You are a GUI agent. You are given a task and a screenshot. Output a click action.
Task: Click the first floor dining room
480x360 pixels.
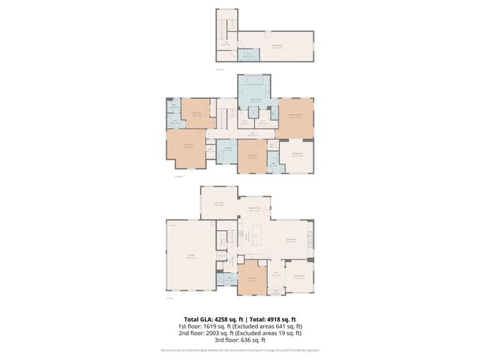pyautogui.click(x=299, y=277)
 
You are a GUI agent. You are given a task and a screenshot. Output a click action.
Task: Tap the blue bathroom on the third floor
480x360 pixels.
pyautogui.click(x=247, y=55)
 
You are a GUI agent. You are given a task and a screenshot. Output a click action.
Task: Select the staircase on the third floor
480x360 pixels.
pyautogui.click(x=226, y=30)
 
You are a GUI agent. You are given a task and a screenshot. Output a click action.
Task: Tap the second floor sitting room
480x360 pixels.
pyautogui.click(x=298, y=156)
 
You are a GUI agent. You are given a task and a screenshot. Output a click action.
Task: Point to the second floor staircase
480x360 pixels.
pyautogui.click(x=223, y=118)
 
